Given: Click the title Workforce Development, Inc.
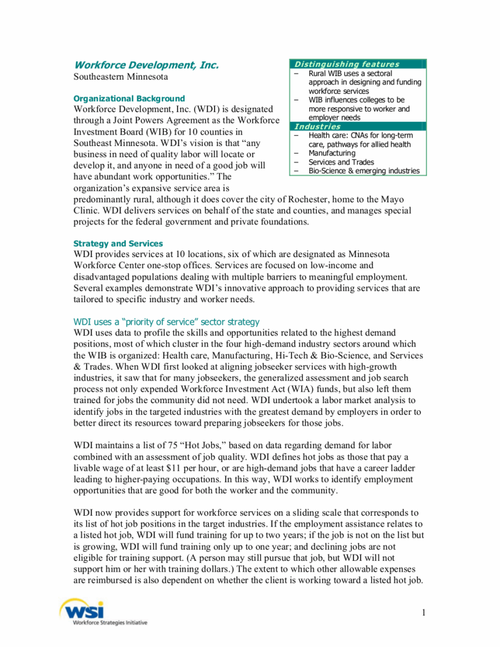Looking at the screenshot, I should (x=146, y=65).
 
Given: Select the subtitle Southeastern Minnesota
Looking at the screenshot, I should (x=121, y=77).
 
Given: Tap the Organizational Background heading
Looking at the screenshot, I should (x=129, y=99).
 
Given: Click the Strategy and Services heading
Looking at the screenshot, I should (x=118, y=243).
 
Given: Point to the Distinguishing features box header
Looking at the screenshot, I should (x=347, y=64).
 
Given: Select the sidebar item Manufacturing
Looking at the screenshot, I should (x=332, y=153).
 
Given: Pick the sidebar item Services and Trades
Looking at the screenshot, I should (x=341, y=162).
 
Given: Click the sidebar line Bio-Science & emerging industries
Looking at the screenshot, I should (x=363, y=171).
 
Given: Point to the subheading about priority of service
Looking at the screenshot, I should (x=166, y=322).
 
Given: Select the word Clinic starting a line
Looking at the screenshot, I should (x=87, y=211).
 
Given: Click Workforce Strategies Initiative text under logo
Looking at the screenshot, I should (x=110, y=622).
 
